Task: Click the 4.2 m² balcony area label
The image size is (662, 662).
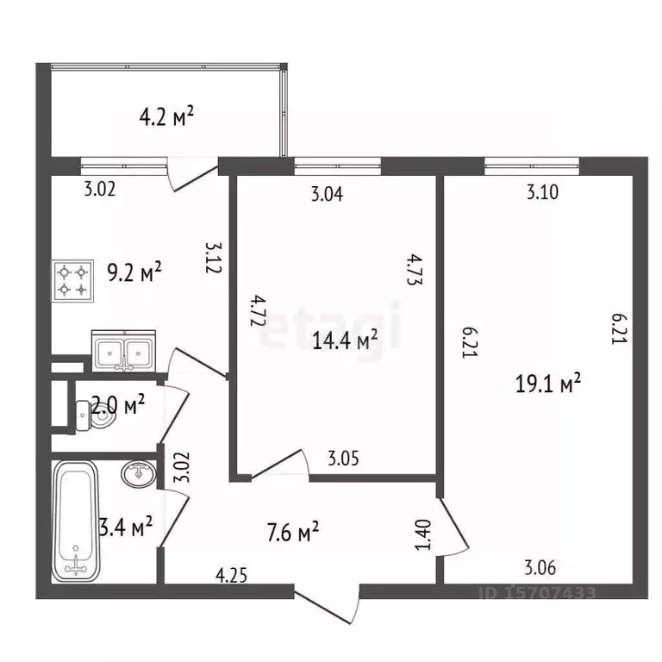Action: (x=166, y=116)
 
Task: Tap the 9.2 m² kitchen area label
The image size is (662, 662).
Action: (x=134, y=273)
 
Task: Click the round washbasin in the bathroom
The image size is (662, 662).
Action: (x=139, y=473)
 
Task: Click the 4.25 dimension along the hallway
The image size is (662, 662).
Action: (x=232, y=575)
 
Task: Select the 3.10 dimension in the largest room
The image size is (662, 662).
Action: (x=542, y=193)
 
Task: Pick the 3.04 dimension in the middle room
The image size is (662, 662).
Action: (x=327, y=195)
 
